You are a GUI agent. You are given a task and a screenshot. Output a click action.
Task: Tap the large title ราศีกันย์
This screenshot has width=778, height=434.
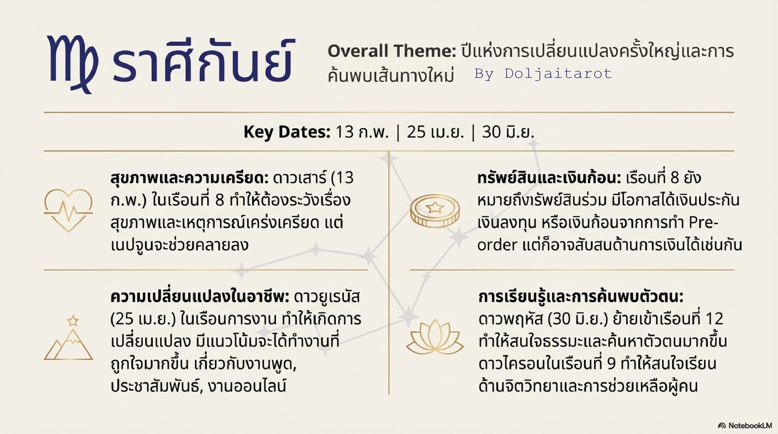(x=202, y=60)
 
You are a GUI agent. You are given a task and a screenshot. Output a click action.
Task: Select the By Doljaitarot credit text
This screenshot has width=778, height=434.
(x=543, y=73)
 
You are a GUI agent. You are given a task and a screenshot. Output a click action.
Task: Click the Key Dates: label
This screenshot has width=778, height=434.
(x=287, y=132)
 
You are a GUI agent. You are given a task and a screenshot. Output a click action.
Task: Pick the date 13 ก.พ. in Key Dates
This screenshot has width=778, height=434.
(x=362, y=132)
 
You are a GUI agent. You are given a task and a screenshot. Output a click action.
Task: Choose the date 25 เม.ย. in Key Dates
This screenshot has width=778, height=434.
(x=435, y=132)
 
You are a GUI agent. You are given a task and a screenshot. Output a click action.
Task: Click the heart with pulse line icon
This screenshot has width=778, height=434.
(x=68, y=210)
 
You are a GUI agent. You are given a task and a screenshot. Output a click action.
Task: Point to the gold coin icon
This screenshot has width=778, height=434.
(x=435, y=211)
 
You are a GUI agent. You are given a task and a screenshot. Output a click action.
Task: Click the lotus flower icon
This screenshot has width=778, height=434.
(x=435, y=337)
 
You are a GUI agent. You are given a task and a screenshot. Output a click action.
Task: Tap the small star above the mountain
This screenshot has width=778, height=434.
(x=73, y=321)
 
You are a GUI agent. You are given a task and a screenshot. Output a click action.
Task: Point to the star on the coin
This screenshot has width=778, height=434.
(x=435, y=207)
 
